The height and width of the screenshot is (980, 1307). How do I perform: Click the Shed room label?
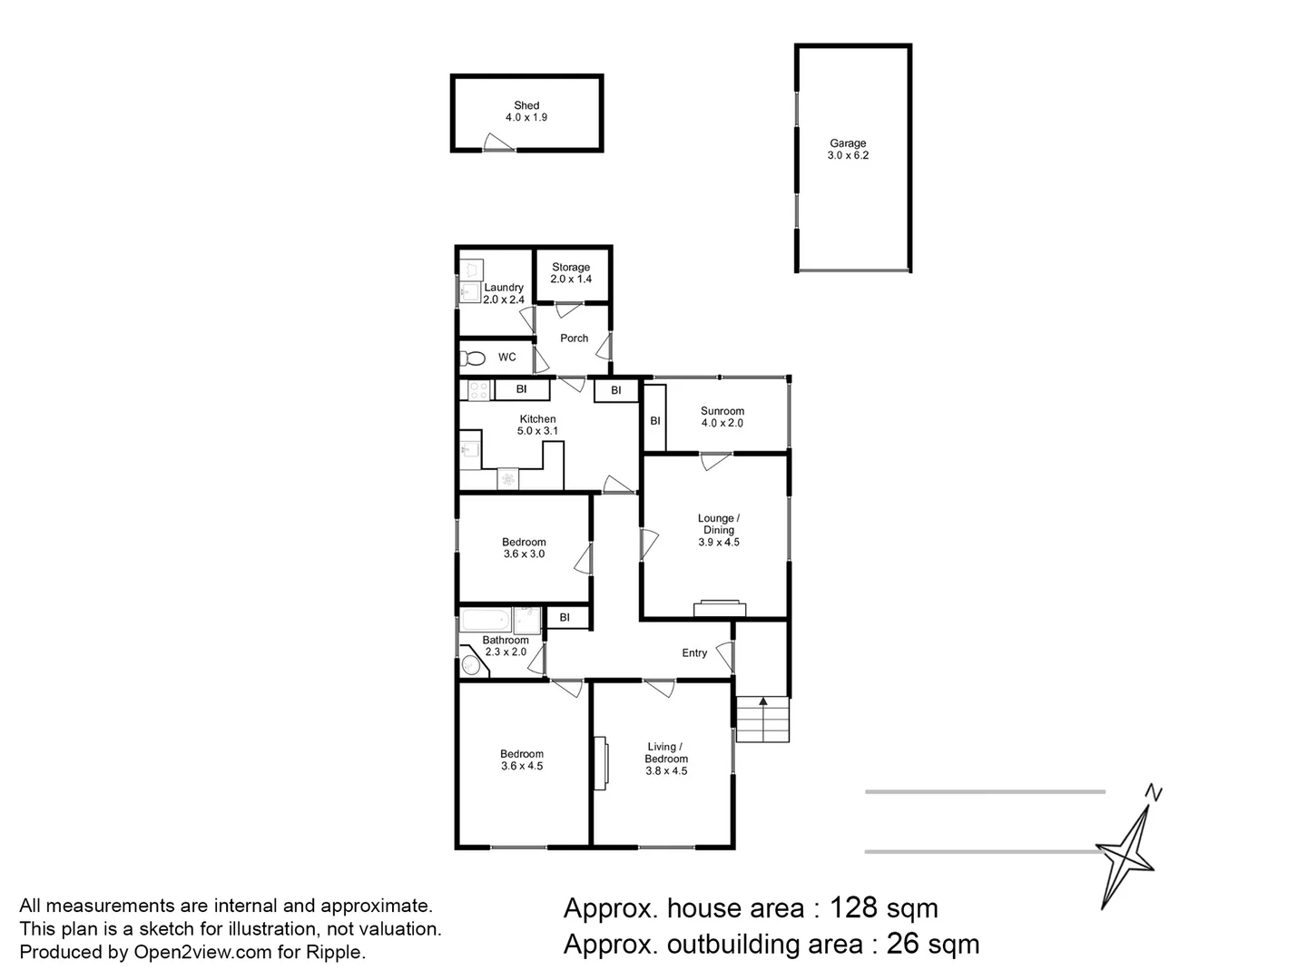[526, 105]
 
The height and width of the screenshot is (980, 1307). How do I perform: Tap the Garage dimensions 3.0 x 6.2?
[848, 155]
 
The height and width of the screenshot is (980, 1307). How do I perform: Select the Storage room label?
[571, 267]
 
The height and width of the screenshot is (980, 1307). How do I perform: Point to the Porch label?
[574, 338]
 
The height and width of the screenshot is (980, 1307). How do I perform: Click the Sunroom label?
[722, 411]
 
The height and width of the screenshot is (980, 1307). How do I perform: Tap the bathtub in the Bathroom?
[486, 621]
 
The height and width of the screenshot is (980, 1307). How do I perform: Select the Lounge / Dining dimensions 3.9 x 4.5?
[718, 542]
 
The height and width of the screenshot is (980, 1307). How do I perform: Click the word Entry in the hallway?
[694, 652]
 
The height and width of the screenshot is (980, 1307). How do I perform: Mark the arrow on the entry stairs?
[762, 701]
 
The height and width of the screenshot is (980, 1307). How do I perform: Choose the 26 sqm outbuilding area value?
[932, 944]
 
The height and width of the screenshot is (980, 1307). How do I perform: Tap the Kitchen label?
[537, 419]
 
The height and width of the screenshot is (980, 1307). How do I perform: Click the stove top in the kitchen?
[478, 390]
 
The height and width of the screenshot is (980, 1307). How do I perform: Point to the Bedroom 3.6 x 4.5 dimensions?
[522, 766]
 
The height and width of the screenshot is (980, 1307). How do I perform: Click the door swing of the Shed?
[497, 142]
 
